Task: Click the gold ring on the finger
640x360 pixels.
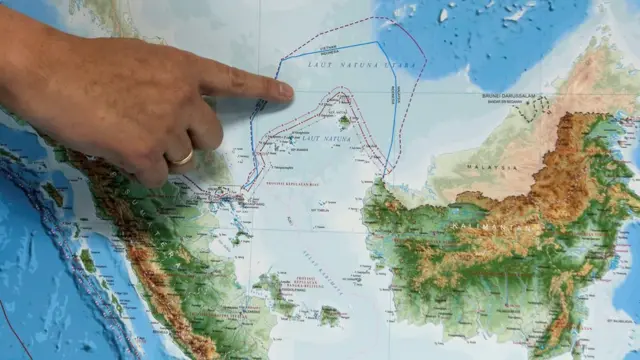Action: pos(181,156)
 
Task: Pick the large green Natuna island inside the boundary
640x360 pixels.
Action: pos(343,121)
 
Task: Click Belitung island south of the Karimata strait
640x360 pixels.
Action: pos(330,316)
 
